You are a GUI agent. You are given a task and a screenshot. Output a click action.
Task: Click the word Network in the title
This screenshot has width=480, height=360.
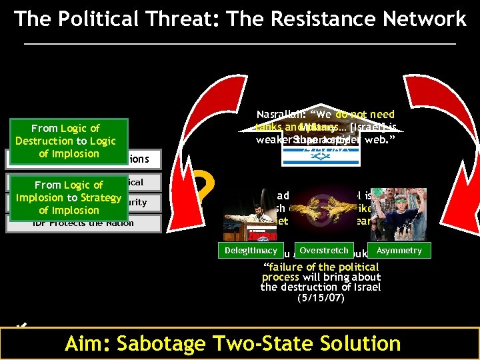point(423,19)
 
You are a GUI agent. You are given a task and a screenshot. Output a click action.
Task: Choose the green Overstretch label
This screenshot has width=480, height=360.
point(324,251)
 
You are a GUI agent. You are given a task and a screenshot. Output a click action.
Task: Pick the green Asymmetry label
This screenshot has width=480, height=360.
point(399,251)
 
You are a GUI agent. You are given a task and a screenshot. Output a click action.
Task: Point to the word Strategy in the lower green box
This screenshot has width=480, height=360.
point(100,197)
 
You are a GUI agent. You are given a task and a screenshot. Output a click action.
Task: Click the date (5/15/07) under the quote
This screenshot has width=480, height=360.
point(321,299)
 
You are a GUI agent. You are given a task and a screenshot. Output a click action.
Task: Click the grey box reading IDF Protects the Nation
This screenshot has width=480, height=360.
point(83,223)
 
